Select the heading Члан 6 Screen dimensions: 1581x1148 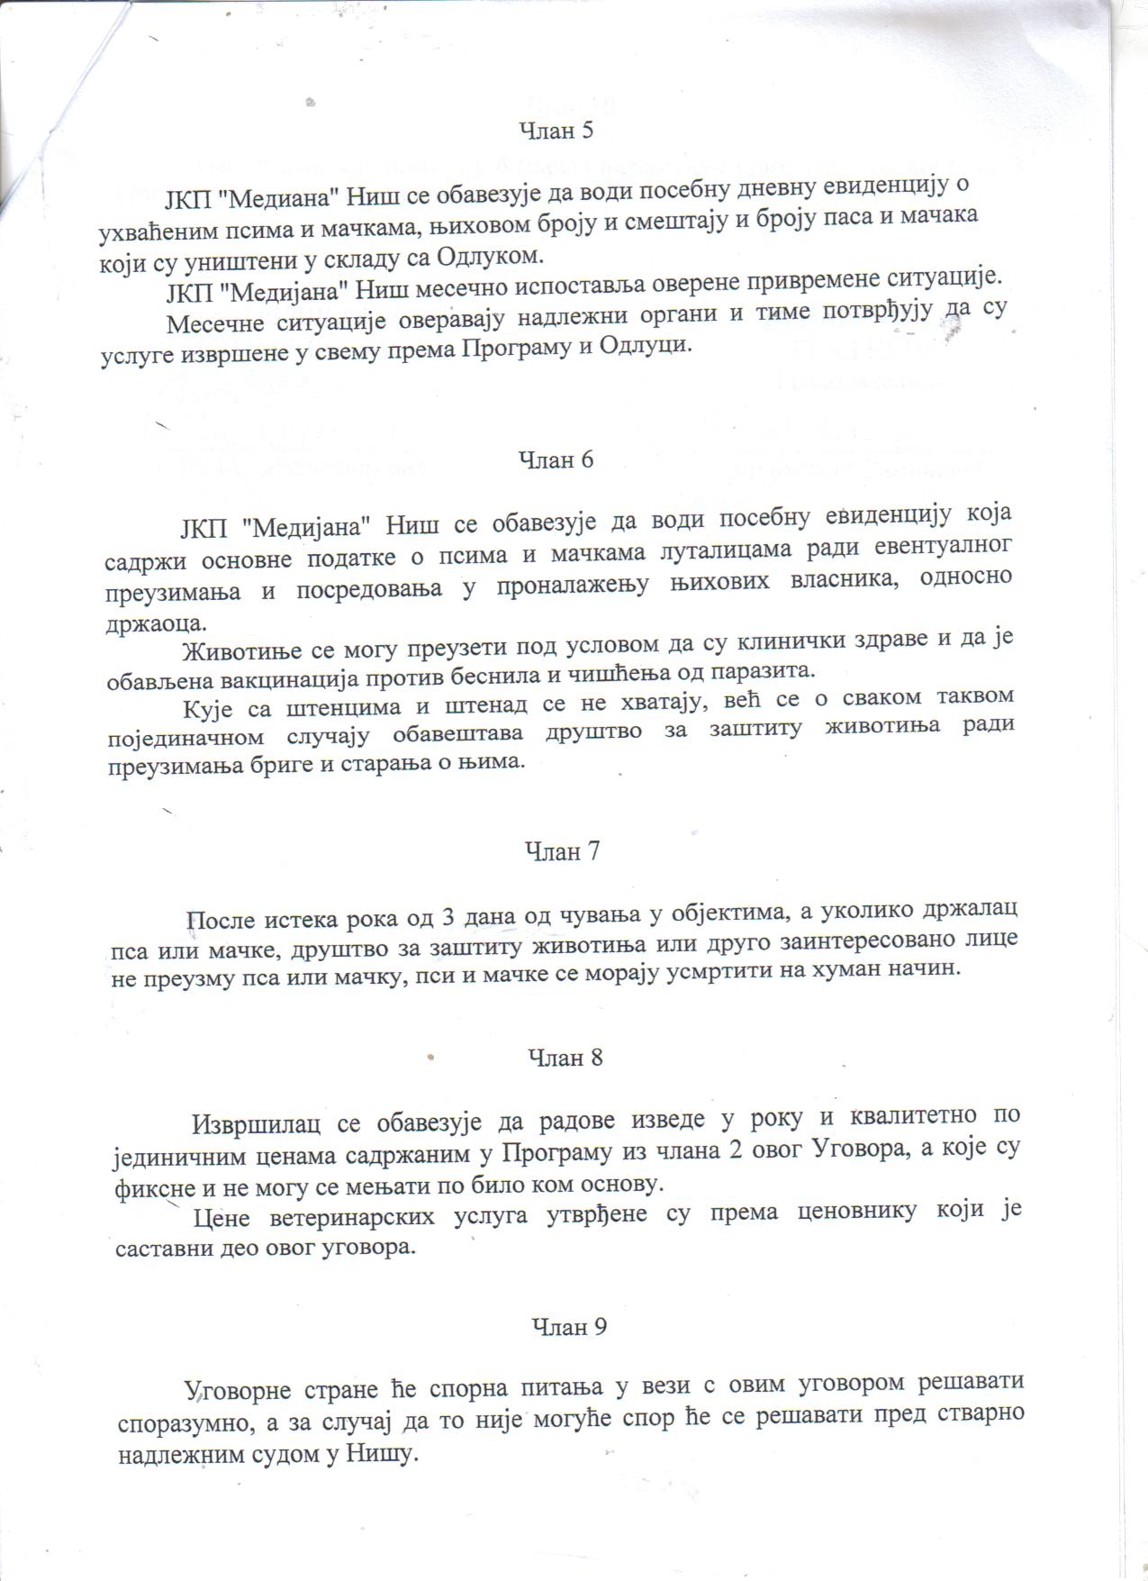click(557, 459)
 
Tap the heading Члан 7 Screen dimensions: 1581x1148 click(562, 851)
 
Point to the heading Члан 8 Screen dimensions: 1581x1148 click(565, 1058)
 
